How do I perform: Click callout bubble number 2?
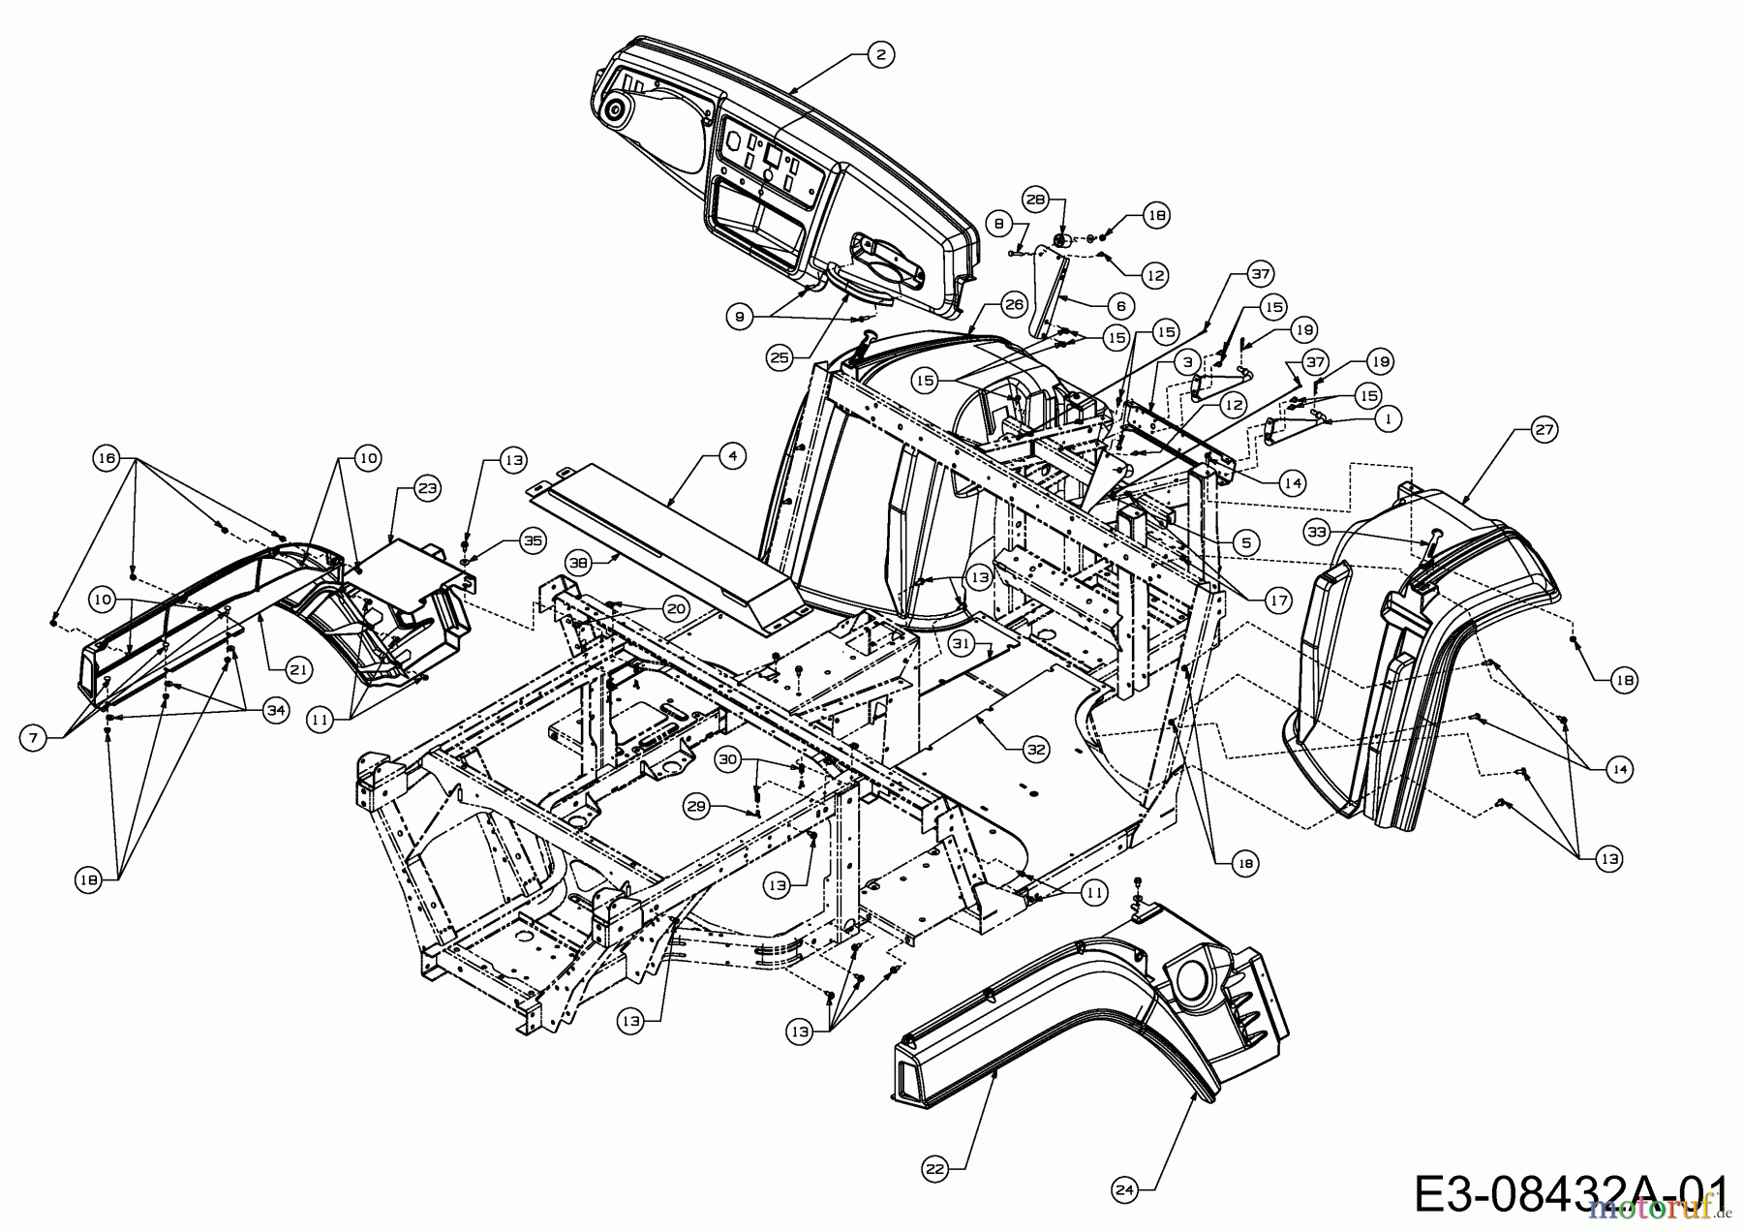click(x=879, y=54)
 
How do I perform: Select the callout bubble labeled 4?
click(x=733, y=456)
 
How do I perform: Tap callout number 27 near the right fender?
click(x=1545, y=427)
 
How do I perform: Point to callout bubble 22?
click(x=933, y=1169)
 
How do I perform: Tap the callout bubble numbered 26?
click(x=1013, y=305)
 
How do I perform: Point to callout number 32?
click(x=1037, y=747)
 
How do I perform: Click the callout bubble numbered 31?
click(x=961, y=642)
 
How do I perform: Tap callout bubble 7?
click(x=35, y=738)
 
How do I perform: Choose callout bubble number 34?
click(x=277, y=710)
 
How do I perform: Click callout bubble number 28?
click(x=1036, y=200)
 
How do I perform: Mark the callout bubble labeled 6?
click(x=1120, y=306)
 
